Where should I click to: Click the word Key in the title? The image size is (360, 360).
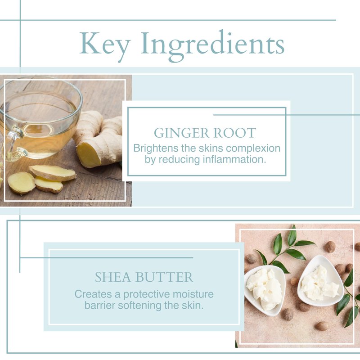105,45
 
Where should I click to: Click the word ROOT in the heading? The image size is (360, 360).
234,133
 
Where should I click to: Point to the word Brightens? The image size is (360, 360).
156,148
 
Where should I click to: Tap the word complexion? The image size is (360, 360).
253,149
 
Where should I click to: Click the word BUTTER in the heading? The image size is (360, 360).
164,277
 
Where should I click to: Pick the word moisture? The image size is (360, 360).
193,294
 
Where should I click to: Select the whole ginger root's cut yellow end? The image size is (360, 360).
88,154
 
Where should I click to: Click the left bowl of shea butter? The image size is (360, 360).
265,289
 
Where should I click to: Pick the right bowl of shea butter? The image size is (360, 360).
320,281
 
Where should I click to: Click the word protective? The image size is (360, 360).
147,295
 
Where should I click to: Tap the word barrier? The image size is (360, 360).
100,306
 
